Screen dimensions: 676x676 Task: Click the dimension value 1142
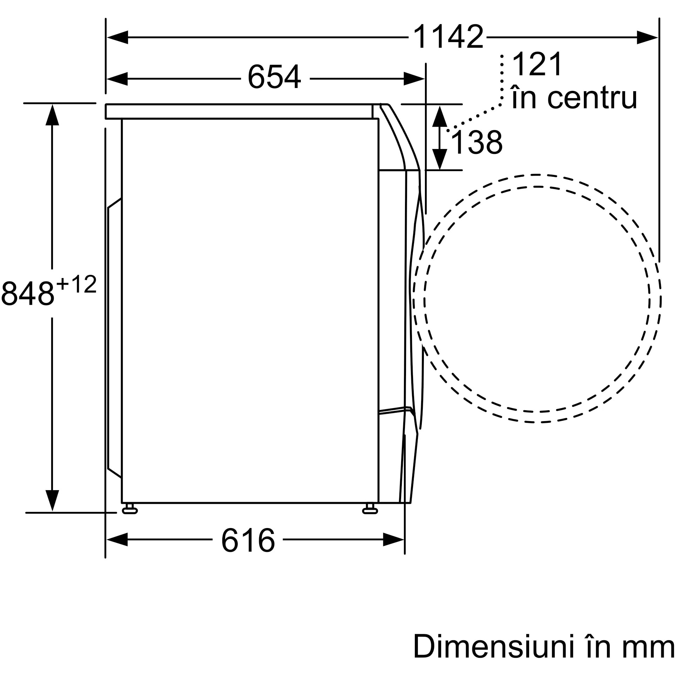tap(448, 37)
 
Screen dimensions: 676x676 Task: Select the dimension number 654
tap(274, 77)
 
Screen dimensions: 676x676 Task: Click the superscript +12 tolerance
tap(76, 284)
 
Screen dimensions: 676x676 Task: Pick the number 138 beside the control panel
tap(476, 142)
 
